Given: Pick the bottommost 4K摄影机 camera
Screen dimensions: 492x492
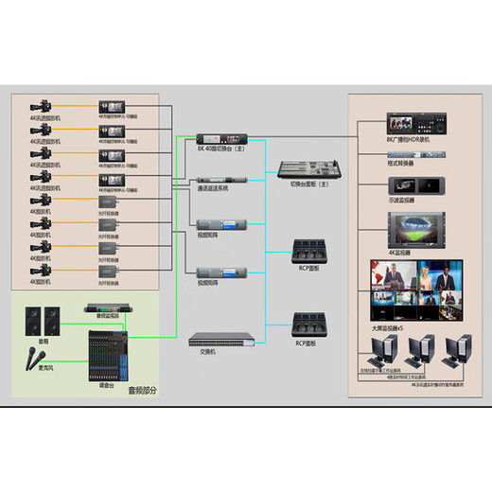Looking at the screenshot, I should coord(41,272).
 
